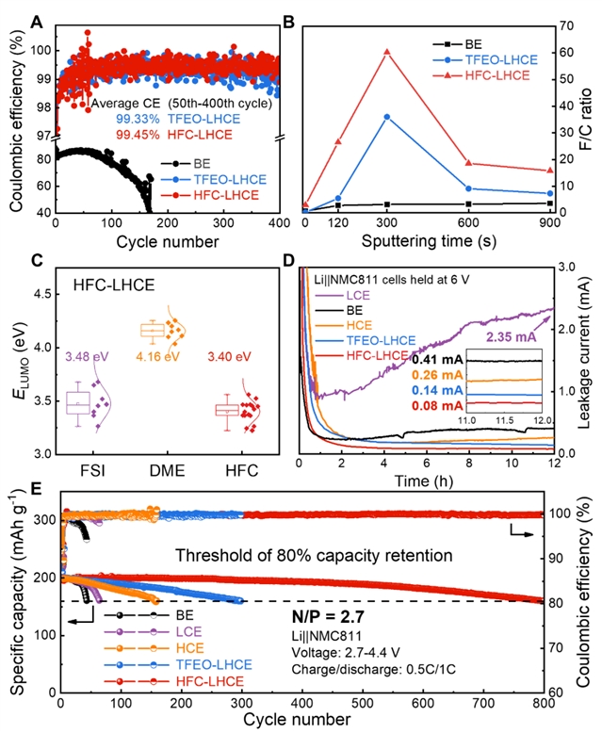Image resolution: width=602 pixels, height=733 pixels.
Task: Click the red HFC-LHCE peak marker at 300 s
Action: [x=386, y=52]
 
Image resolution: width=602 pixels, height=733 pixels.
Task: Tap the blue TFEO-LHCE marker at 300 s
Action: [x=386, y=116]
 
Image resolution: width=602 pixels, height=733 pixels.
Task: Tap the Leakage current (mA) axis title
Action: [x=592, y=361]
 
